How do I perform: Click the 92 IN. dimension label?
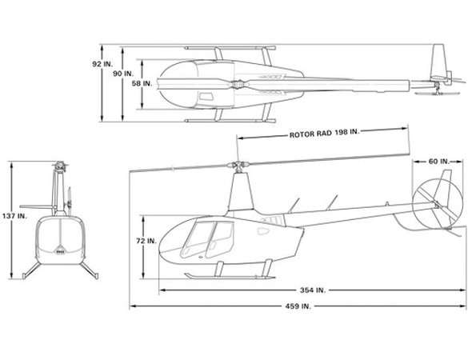click(x=102, y=64)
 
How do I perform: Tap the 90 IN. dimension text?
click(x=123, y=74)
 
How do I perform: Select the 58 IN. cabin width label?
click(x=142, y=84)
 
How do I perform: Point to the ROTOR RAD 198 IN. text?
click(x=325, y=134)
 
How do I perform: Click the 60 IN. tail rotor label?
click(x=438, y=162)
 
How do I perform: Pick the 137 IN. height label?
click(x=14, y=216)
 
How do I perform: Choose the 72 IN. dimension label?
click(x=146, y=241)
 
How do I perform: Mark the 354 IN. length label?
click(x=313, y=290)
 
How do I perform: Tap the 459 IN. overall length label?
click(x=298, y=306)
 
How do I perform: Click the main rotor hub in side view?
click(x=238, y=165)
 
